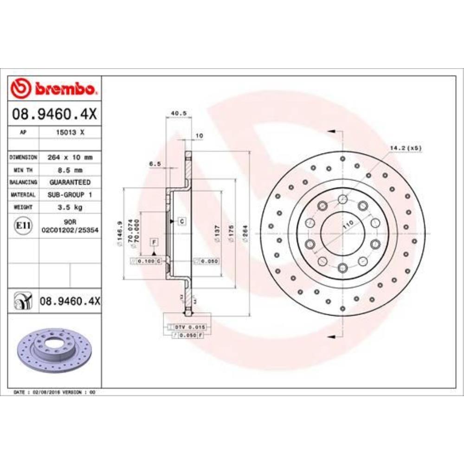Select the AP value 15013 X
pos(70,132)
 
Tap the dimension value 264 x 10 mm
pos(70,157)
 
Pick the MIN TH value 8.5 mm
pos(70,170)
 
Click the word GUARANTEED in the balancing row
pos(70,182)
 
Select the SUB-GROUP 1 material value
pos(70,195)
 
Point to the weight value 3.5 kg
pos(70,207)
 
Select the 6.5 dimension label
pos(155,164)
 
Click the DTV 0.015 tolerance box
pos(189,327)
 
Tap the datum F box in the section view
pos(154,241)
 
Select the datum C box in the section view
pos(182,221)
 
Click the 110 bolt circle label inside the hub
pos(347,226)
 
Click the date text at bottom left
pos(55,392)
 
